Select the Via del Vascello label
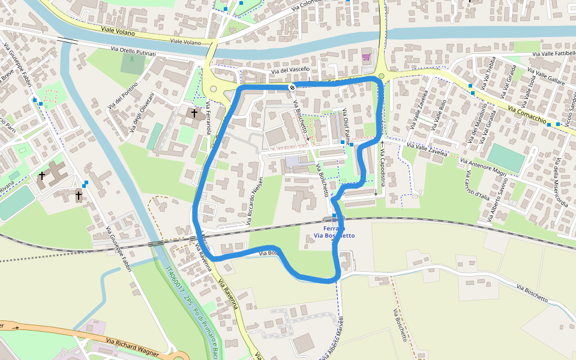click(x=290, y=70)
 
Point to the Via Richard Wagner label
click(x=131, y=347)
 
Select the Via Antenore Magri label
click(x=484, y=166)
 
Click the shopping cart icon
click(x=366, y=58)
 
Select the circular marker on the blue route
click(x=292, y=88)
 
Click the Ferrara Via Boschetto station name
click(x=334, y=232)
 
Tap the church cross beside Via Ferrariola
click(x=194, y=113)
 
